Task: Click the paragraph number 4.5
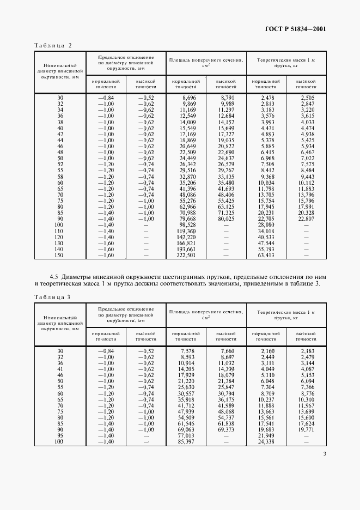(54, 276)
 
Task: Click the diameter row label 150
(60, 254)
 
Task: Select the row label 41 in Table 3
(60, 369)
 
